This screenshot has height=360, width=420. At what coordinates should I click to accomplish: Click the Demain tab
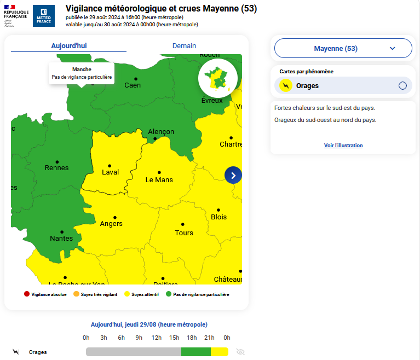coord(184,46)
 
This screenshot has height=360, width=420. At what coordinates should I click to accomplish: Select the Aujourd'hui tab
coord(69,46)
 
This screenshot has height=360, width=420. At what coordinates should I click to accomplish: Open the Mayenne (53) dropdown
coord(343,48)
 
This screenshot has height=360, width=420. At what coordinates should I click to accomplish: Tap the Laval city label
coord(110,172)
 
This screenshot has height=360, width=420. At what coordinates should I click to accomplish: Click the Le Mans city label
coord(159,180)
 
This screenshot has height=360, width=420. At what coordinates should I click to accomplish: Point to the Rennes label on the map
coord(56,168)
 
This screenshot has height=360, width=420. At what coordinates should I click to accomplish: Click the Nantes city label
coord(61,239)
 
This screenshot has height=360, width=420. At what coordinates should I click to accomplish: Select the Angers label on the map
coord(111,224)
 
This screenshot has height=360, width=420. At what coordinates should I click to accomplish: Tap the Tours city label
coord(184,233)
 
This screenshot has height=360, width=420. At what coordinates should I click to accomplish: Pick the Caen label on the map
coord(133,85)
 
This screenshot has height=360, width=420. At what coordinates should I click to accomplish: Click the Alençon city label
coord(161,132)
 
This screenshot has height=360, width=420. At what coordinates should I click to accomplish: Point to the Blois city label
coord(218,217)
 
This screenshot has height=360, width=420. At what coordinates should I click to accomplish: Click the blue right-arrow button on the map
coord(233,175)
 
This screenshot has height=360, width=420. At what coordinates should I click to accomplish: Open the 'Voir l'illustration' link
coord(343,146)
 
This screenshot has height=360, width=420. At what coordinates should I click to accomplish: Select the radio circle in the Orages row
coord(402,85)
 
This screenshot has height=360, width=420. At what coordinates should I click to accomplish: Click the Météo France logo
coord(44,16)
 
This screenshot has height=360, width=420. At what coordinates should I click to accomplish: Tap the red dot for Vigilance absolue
coord(26,294)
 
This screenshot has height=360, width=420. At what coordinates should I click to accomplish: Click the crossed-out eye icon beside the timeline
coord(240,352)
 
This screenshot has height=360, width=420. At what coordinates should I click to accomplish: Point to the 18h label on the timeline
coord(192,338)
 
